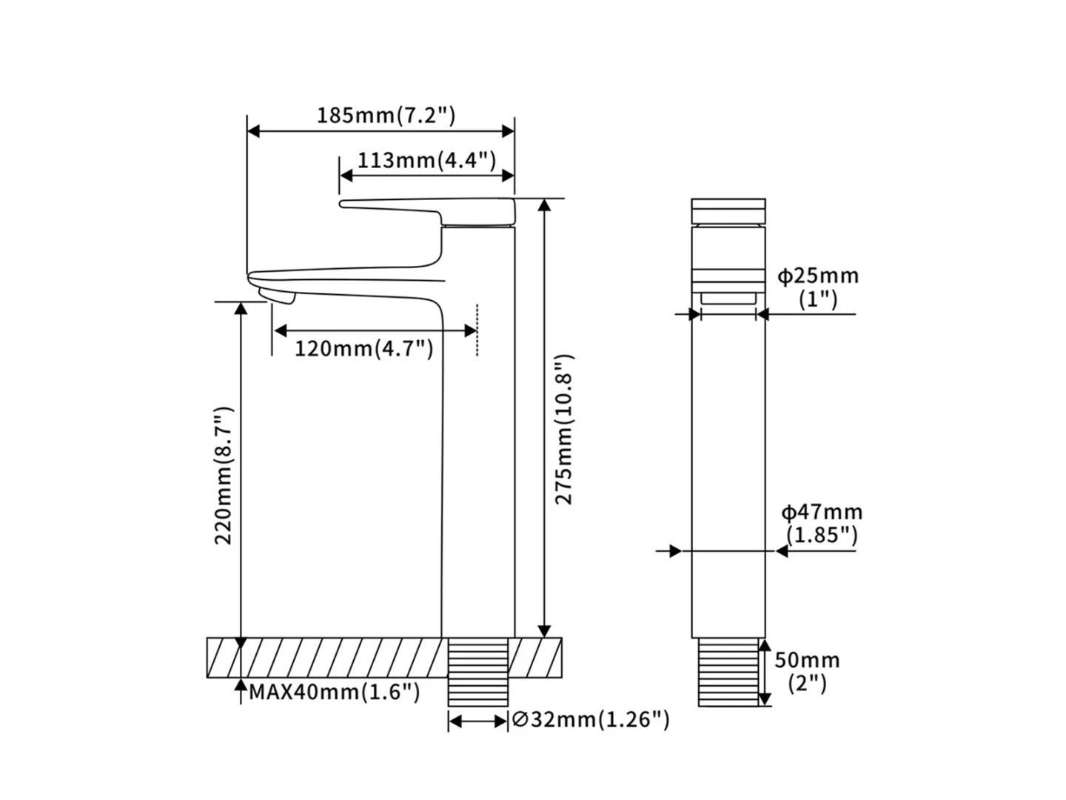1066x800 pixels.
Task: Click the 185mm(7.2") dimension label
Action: point(386,116)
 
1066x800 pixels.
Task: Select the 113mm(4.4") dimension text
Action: point(427,160)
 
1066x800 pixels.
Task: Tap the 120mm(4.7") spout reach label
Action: point(363,348)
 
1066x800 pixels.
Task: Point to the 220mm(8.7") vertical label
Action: point(224,476)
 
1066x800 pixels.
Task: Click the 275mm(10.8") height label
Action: point(565,430)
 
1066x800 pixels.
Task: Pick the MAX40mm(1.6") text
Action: point(335,692)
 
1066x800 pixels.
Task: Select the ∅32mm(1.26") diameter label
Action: point(591,719)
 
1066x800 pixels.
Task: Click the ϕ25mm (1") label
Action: point(818,287)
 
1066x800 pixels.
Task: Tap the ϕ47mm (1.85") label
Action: point(822,524)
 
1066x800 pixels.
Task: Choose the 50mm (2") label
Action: point(807,673)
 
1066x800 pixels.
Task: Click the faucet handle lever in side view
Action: point(427,212)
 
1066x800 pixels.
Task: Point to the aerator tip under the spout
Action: point(277,296)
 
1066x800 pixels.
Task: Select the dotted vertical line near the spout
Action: point(477,330)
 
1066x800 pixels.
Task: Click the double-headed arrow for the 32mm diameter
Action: point(478,721)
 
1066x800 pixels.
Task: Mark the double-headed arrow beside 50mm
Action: point(765,673)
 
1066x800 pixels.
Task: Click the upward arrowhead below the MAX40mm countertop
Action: point(241,685)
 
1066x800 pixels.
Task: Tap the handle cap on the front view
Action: point(728,211)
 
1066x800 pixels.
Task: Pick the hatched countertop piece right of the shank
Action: point(535,659)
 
